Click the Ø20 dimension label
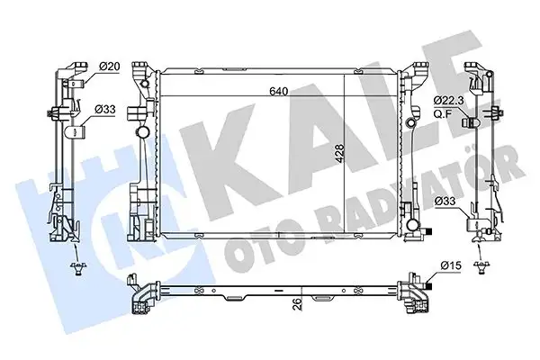point(110,66)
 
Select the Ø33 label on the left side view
point(106,110)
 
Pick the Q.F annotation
point(442,112)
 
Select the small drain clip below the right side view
point(483,265)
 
